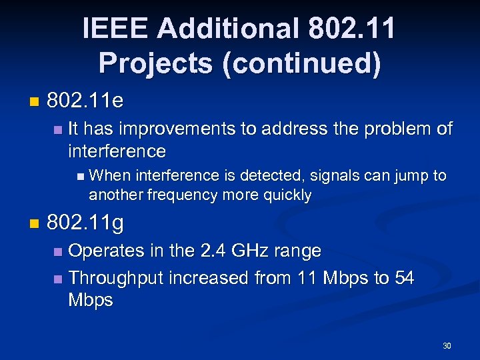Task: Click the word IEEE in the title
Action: tap(115, 29)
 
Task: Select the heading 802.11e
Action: tap(85, 102)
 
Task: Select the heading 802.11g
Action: tap(85, 223)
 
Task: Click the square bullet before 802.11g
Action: tap(34, 225)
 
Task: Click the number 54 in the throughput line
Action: tap(404, 277)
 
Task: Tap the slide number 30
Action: tap(447, 346)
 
